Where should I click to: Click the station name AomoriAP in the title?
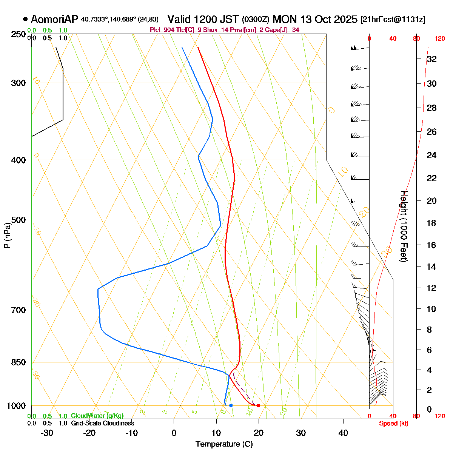click(x=54, y=19)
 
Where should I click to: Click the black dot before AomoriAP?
click(x=25, y=19)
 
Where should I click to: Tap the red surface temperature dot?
click(x=258, y=405)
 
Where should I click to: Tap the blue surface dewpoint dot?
click(x=231, y=405)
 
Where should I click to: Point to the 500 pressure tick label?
click(x=18, y=220)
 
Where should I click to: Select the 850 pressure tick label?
click(x=18, y=362)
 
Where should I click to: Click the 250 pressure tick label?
click(x=18, y=35)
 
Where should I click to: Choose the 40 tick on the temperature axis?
click(x=343, y=433)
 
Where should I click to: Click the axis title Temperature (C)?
click(x=224, y=444)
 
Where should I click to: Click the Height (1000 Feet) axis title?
click(x=404, y=226)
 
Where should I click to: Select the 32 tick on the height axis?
click(x=432, y=59)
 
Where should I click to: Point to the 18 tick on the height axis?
click(x=432, y=223)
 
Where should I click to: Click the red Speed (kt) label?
click(x=394, y=424)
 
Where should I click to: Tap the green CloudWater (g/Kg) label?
click(x=97, y=416)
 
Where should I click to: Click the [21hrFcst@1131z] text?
click(x=393, y=20)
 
